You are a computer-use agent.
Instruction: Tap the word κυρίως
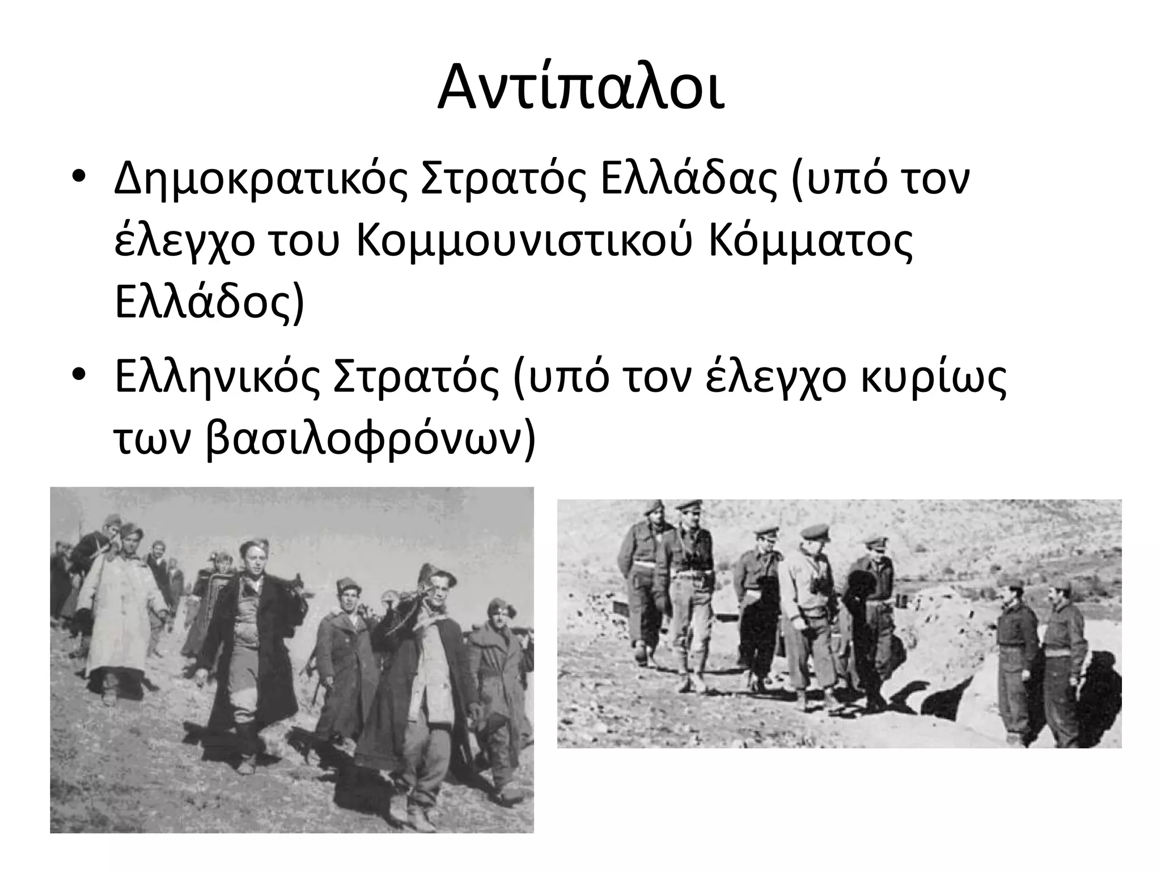pyautogui.click(x=934, y=379)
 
